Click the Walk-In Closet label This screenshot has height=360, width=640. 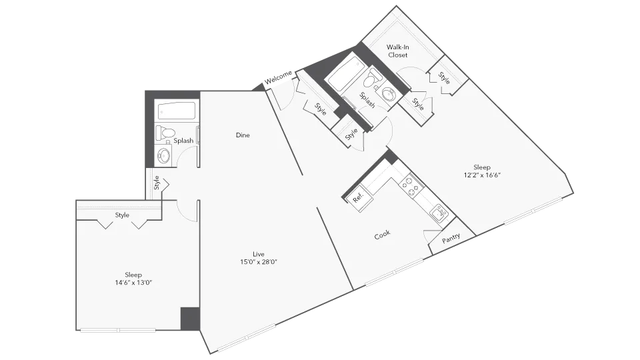coord(398,51)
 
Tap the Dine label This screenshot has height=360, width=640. coord(243,135)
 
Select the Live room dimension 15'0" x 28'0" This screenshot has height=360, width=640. coord(259,262)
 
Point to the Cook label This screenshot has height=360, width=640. coord(382,235)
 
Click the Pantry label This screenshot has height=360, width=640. coord(451,239)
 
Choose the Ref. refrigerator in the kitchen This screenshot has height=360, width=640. coord(357,197)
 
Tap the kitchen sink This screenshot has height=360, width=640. coord(439,214)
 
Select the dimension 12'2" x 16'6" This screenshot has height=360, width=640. coord(481,175)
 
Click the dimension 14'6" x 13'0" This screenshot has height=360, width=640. coord(133,283)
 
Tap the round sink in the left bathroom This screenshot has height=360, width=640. coord(164,156)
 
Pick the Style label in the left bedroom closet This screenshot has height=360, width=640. coord(122,215)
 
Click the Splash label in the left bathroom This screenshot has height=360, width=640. coord(183,141)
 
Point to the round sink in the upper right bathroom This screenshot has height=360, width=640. coord(388,95)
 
